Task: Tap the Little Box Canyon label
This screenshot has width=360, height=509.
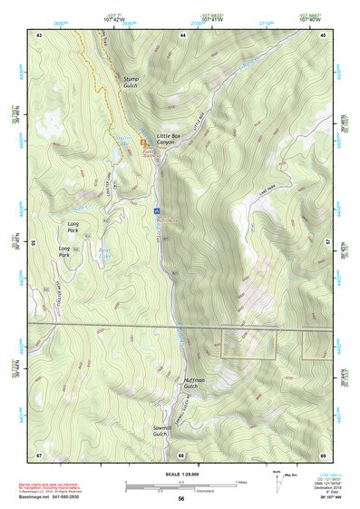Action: coord(169,139)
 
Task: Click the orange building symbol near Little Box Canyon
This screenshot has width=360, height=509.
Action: coord(143,143)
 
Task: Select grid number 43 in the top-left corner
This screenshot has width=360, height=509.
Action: coord(39,34)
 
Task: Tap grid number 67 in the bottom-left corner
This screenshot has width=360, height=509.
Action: coord(39,455)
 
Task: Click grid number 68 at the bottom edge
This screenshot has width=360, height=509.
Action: coord(181,455)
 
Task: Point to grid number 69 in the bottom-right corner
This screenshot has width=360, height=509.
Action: coord(323,455)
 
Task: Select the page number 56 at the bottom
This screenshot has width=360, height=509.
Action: coord(181,499)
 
